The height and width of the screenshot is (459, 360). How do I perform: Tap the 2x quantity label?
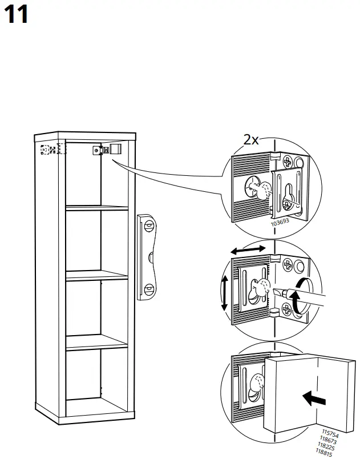(x=252, y=140)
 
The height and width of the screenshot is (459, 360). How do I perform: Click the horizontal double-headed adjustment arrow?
(x=247, y=249)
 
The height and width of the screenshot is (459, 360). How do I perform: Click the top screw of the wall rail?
(x=148, y=226)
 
